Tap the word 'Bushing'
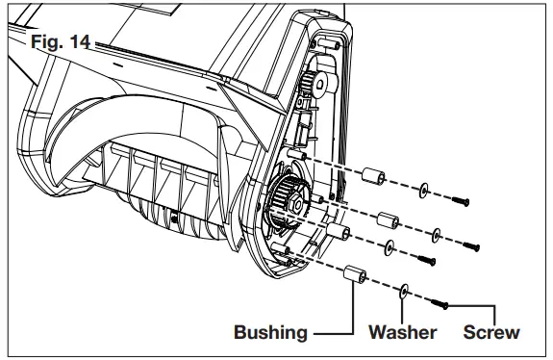tap(270, 333)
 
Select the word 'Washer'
tap(402, 333)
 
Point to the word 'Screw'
tap(490, 333)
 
